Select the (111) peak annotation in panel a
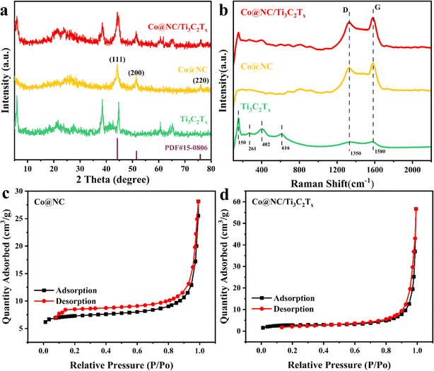click(x=117, y=59)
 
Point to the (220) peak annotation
click(x=200, y=81)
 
